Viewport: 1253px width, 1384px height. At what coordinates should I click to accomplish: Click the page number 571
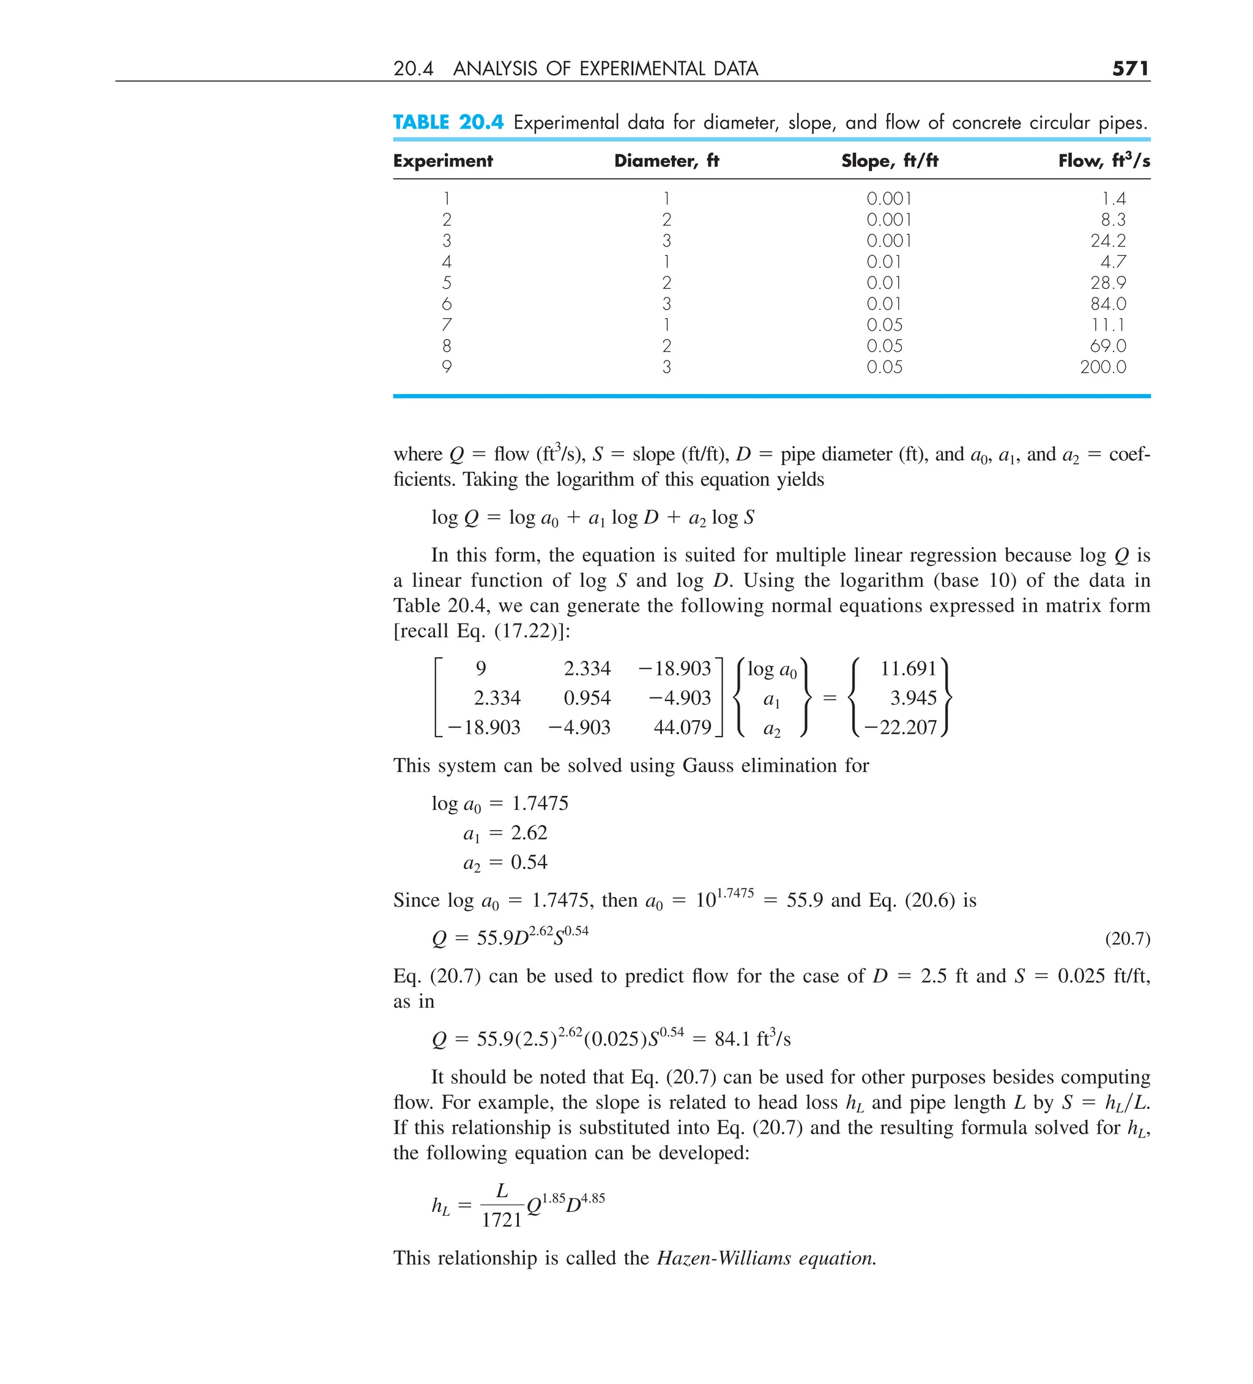point(1130,68)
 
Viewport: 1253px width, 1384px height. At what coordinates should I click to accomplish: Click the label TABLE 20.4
point(448,122)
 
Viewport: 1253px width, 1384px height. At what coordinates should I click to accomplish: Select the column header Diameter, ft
point(666,161)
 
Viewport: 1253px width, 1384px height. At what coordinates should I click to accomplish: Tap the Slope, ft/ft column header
point(889,161)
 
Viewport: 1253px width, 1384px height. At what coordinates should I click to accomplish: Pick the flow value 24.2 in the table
point(1107,240)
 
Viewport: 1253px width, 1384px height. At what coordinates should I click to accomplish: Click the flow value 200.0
point(1102,366)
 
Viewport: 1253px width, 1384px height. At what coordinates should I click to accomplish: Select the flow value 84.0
point(1107,303)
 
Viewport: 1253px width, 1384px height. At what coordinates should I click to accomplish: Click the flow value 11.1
point(1108,325)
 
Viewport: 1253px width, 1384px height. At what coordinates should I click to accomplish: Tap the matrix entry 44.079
point(682,727)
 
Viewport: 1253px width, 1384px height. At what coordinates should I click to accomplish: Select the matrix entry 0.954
point(586,698)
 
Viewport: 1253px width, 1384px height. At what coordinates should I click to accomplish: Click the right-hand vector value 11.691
point(908,668)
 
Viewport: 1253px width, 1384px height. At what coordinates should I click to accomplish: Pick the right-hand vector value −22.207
point(900,727)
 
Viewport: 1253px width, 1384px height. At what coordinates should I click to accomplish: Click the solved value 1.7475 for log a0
point(540,803)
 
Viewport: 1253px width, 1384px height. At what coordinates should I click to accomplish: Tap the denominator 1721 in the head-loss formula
point(501,1219)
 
